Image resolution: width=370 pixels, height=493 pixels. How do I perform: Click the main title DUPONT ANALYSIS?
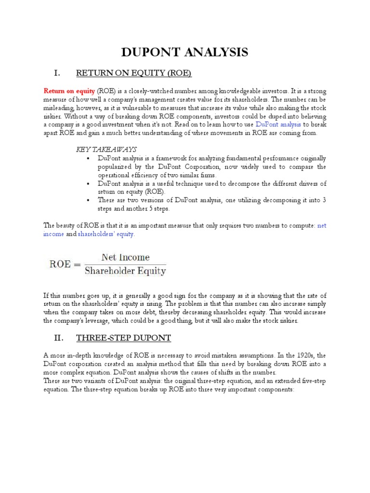point(185,52)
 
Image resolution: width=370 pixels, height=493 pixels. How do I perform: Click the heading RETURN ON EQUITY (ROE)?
point(134,73)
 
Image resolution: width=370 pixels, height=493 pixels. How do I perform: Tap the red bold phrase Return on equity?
point(69,91)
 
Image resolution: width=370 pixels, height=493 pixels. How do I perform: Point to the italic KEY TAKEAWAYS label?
point(107,149)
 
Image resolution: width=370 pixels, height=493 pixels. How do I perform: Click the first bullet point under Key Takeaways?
point(87,158)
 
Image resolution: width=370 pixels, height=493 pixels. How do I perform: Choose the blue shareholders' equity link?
point(106,234)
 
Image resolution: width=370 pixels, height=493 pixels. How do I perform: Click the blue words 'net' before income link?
point(322,226)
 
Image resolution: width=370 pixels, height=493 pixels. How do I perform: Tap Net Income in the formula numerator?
point(125,258)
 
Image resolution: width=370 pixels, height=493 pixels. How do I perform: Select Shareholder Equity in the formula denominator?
point(125,271)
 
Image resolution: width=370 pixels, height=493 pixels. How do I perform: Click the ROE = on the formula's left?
point(64,264)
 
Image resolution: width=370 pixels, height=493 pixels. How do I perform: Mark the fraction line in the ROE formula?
point(125,264)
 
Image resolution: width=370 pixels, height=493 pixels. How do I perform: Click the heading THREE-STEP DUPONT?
point(124,337)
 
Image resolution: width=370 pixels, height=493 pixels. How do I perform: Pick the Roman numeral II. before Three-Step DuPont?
point(58,337)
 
